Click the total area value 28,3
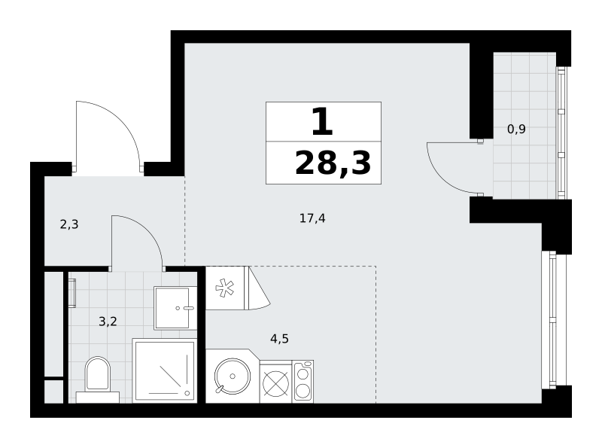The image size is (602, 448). pyautogui.click(x=333, y=163)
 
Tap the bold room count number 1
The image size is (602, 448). pyautogui.click(x=322, y=122)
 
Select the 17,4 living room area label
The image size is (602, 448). pyautogui.click(x=312, y=218)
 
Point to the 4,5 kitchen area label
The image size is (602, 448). pyautogui.click(x=279, y=339)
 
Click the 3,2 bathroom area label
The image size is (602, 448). pyautogui.click(x=108, y=322)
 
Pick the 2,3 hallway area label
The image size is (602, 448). pyautogui.click(x=69, y=224)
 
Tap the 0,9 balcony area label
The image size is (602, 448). pyautogui.click(x=516, y=129)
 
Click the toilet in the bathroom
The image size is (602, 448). pyautogui.click(x=98, y=379)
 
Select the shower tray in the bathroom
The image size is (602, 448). pyautogui.click(x=164, y=370)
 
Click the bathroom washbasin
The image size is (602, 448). pyautogui.click(x=175, y=308)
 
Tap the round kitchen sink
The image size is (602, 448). pyautogui.click(x=233, y=376)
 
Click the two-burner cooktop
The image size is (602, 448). pyautogui.click(x=303, y=382)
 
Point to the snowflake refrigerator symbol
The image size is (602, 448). pyautogui.click(x=224, y=288)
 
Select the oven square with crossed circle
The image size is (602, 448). pyautogui.click(x=275, y=383)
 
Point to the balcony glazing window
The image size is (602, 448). pyautogui.click(x=561, y=133)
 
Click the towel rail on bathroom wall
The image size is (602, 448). pyautogui.click(x=71, y=293)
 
